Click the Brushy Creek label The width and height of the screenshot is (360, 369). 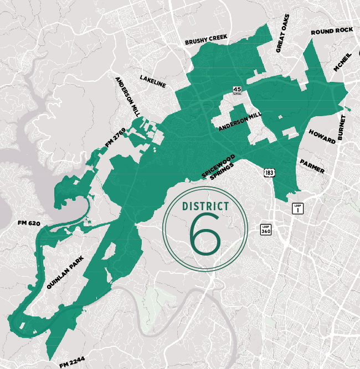(207, 40)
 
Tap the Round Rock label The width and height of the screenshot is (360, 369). (332, 31)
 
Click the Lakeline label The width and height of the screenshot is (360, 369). (153, 80)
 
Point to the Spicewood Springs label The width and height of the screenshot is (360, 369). (218, 169)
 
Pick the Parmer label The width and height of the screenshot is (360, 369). (312, 167)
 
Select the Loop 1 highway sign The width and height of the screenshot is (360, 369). (297, 209)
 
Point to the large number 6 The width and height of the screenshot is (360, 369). (205, 232)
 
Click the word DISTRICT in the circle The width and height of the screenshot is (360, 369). (205, 206)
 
